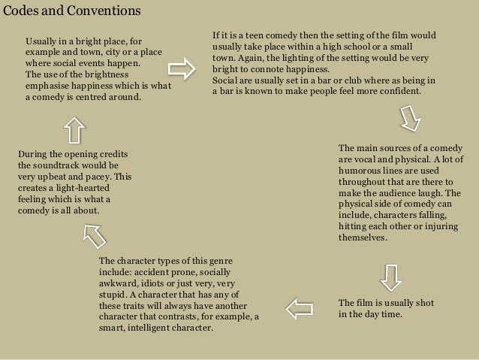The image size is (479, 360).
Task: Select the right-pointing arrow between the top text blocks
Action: (180, 70)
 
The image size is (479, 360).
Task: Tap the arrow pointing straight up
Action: (74, 130)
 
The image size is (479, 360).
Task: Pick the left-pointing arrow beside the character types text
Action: (300, 307)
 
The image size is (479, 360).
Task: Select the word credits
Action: (111, 154)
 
